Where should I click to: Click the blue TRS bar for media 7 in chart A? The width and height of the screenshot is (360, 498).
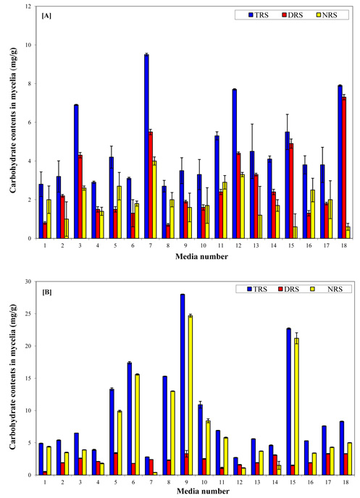point(146,146)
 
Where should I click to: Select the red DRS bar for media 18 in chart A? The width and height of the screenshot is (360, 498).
point(344,168)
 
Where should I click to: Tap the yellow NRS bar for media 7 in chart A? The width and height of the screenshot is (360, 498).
point(154,200)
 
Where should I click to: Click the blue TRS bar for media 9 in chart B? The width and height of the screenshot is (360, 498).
point(183,384)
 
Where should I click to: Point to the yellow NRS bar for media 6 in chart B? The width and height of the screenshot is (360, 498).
point(138,425)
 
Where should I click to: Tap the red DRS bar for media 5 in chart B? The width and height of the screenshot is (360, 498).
point(116,464)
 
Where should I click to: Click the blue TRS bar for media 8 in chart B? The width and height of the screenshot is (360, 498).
point(165,426)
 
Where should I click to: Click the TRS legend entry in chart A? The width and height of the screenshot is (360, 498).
point(259,15)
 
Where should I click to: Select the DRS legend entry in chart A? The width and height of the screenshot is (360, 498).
point(293,15)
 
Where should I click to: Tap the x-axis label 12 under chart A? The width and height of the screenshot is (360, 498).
point(238,245)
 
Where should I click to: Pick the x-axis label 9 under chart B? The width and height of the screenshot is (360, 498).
point(186,482)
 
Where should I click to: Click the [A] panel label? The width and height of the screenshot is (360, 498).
point(46,16)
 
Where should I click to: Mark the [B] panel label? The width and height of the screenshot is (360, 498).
point(47,292)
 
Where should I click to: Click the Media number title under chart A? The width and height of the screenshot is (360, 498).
point(202,257)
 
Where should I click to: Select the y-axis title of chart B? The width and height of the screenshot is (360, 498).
point(13,377)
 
